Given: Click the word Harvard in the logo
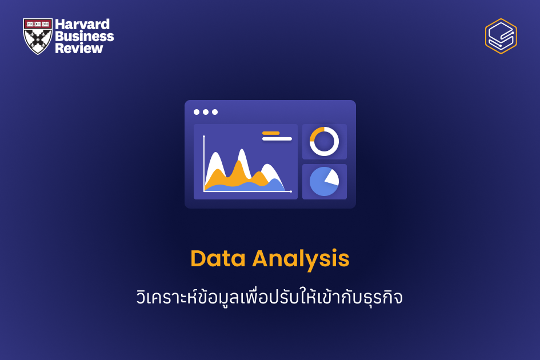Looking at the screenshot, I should tap(82, 25).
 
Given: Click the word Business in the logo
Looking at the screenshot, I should tap(84, 37).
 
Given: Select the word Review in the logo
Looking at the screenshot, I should tap(79, 48).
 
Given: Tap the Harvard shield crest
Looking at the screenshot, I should tap(38, 36).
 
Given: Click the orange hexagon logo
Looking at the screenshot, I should tap(501, 36).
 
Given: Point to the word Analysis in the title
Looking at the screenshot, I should tap(301, 259).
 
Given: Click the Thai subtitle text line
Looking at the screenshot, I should tap(270, 297).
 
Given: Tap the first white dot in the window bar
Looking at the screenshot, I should tap(197, 112).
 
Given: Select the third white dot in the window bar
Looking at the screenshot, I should tap(215, 112).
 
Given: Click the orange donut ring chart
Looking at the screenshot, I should tap(324, 141).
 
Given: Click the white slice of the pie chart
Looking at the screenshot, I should tap(331, 177).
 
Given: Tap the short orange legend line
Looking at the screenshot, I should tap(271, 133).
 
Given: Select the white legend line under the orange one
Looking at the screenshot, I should tap(277, 139).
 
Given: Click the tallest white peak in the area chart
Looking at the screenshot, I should tap(242, 154).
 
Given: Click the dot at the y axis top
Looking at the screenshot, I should tap(204, 136).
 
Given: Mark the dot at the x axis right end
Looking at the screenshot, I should tap(291, 191).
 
